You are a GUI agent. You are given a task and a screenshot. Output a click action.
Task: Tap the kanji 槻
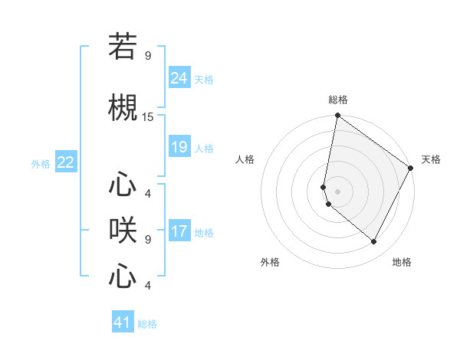(x=123, y=110)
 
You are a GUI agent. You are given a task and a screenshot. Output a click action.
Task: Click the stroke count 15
(x=148, y=117)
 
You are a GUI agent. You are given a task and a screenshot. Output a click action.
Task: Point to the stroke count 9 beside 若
(x=148, y=55)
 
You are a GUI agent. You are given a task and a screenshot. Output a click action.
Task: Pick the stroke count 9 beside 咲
(x=148, y=239)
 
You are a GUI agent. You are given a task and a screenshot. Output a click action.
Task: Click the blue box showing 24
(x=179, y=78)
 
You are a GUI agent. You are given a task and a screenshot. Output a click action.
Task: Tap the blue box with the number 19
(x=179, y=147)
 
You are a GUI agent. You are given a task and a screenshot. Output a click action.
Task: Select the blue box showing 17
(x=179, y=231)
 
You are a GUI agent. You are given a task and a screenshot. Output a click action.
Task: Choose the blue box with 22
(x=66, y=162)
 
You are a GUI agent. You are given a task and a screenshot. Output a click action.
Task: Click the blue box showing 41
(x=123, y=322)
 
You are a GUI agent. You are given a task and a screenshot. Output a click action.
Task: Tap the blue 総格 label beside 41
(x=147, y=324)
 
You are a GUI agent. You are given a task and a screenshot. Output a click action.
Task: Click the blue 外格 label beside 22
(x=41, y=163)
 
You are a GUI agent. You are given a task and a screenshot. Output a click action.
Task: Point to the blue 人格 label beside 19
(x=204, y=148)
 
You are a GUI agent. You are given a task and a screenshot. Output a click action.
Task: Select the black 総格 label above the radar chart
(x=337, y=100)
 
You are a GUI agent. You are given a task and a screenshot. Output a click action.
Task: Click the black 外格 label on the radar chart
(x=270, y=262)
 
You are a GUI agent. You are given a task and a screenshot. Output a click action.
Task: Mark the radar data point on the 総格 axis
(x=337, y=116)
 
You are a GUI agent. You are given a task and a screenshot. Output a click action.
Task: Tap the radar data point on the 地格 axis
(x=374, y=242)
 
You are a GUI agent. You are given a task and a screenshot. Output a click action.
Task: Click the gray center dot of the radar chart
(x=337, y=191)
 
